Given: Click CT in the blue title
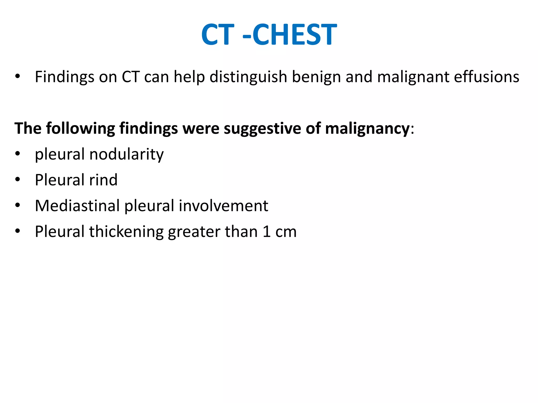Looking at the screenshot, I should tap(218, 34).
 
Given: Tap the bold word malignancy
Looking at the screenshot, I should tap(367, 129).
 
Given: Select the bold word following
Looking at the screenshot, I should tap(80, 129).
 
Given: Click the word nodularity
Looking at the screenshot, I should tap(126, 154).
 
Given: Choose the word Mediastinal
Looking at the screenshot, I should tap(77, 206).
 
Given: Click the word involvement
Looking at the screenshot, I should tap(223, 206).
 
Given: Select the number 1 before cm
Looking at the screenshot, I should tap(266, 232).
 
